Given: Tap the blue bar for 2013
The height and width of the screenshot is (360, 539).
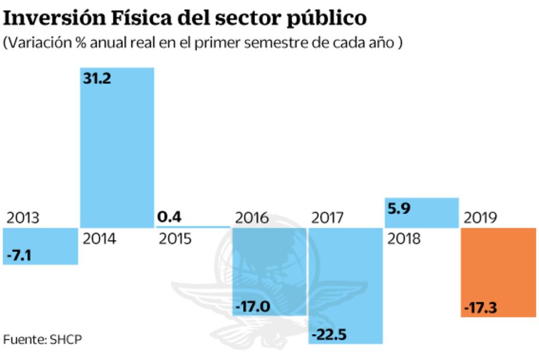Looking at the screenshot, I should pos(40,246).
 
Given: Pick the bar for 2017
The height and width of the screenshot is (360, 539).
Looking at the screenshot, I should pos(346,285).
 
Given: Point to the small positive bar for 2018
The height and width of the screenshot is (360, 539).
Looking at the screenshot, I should pos(421,213).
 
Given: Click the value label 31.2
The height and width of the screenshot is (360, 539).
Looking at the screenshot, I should pos(96,78).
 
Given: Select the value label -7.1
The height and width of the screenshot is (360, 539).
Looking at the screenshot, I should pos(19,255).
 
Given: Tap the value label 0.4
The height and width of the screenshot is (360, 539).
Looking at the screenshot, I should pos(169,217).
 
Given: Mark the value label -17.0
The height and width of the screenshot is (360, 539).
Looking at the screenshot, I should pos(253,306).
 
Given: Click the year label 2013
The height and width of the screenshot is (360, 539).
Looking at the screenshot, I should pos(23,218).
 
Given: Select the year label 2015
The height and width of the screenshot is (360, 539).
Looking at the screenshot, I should pos(174,239).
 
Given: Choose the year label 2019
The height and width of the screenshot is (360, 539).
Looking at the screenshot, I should pos(480,218).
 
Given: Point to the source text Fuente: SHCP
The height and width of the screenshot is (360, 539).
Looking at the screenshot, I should pos(42,339).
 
